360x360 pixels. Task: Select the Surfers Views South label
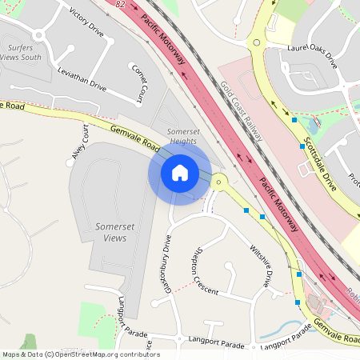coord(21,51)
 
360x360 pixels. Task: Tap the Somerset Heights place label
coord(182,136)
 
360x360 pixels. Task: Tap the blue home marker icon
coord(180,173)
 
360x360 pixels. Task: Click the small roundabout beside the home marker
coord(219,182)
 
